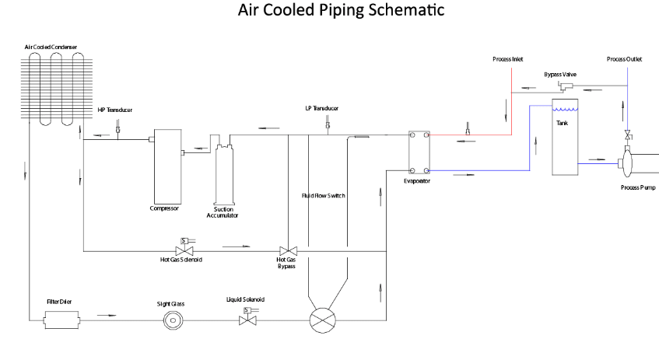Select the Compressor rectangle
coord(166,166)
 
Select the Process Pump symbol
coord(627,163)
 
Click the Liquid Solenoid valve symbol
coord(248,319)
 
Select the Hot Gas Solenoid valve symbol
coord(185,250)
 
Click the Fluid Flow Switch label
coord(324,196)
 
